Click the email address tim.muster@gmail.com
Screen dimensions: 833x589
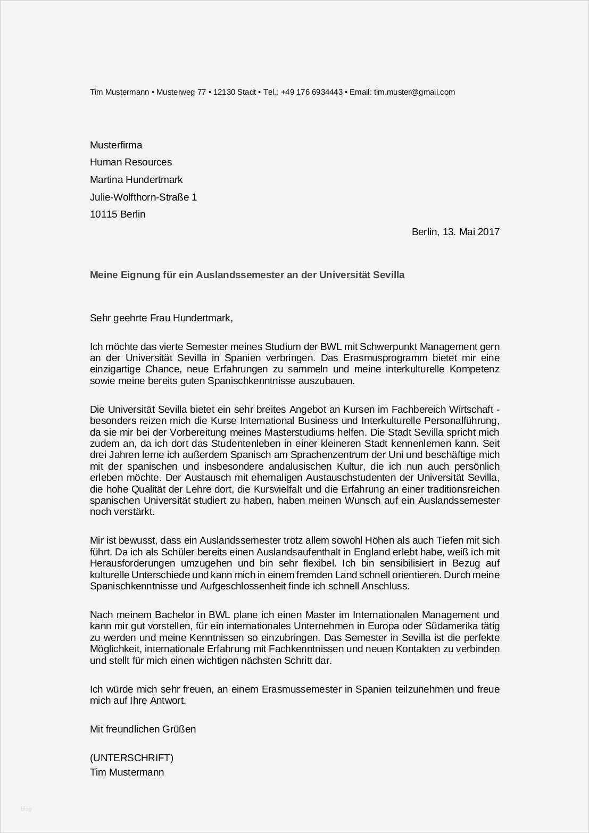tap(414, 92)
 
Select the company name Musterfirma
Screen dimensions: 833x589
tap(116, 145)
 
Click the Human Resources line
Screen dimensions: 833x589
tap(131, 162)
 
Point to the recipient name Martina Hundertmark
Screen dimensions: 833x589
tap(136, 180)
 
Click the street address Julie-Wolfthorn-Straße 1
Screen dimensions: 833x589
tap(143, 197)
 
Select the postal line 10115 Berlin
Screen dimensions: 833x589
tap(118, 214)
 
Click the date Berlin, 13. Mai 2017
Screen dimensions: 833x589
tap(455, 232)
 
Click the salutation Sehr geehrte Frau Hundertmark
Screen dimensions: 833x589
tap(161, 318)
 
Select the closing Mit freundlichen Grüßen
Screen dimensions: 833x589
tap(143, 729)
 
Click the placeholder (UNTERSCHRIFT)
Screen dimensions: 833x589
tap(131, 758)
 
